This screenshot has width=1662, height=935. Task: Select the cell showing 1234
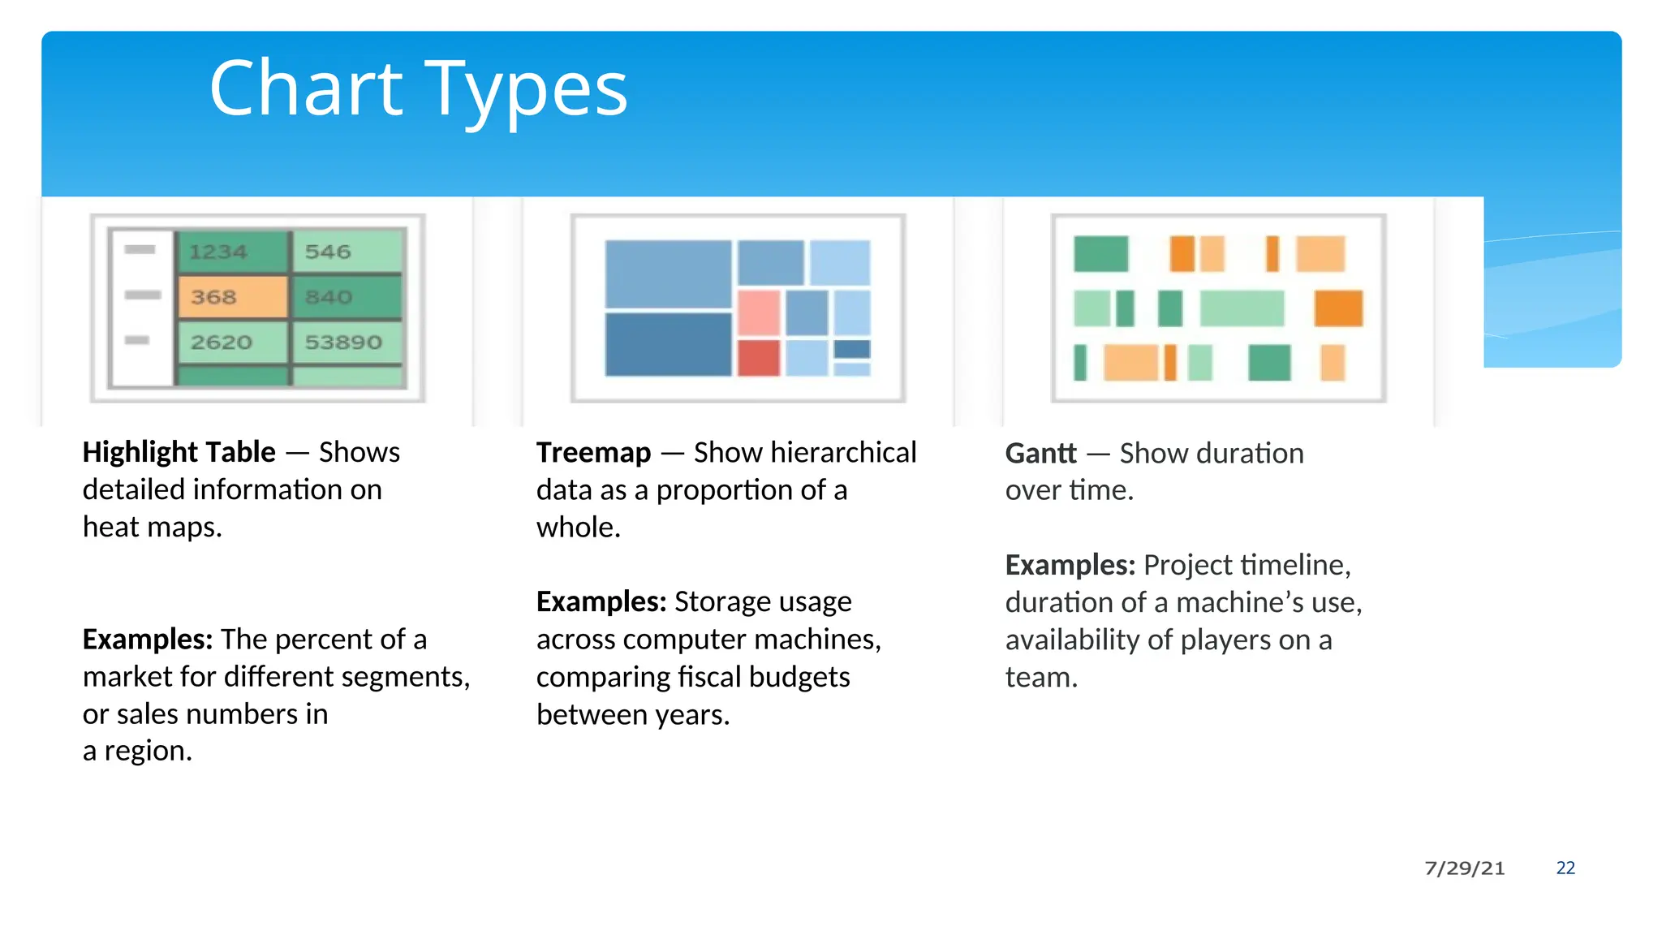pos(219,252)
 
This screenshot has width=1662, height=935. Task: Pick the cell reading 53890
pos(344,343)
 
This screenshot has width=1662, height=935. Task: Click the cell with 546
pos(329,252)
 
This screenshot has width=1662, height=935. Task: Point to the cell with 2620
pos(222,343)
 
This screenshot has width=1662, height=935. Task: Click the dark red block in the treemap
pos(758,357)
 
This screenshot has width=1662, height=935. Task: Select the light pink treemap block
pos(758,312)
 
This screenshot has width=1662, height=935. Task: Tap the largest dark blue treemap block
pos(668,344)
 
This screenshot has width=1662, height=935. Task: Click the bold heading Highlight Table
pos(179,452)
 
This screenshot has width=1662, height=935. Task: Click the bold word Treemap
pos(593,453)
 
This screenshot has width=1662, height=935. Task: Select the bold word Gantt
pos(1040,454)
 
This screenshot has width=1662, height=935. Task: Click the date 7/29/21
pos(1464,868)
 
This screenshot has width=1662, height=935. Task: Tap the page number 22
pos(1565,868)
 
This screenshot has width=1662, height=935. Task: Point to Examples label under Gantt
pos(1070,565)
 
